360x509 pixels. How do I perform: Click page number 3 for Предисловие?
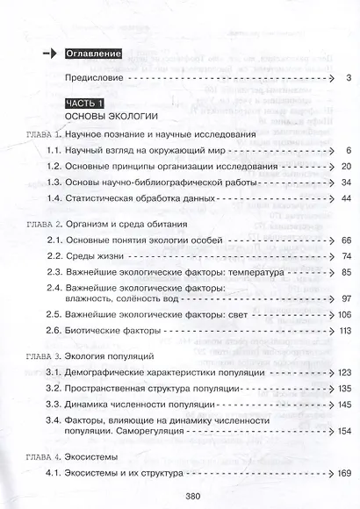349,79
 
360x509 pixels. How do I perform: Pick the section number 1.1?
55,151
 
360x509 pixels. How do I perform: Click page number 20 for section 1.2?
345,166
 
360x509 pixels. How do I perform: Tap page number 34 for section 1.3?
345,182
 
